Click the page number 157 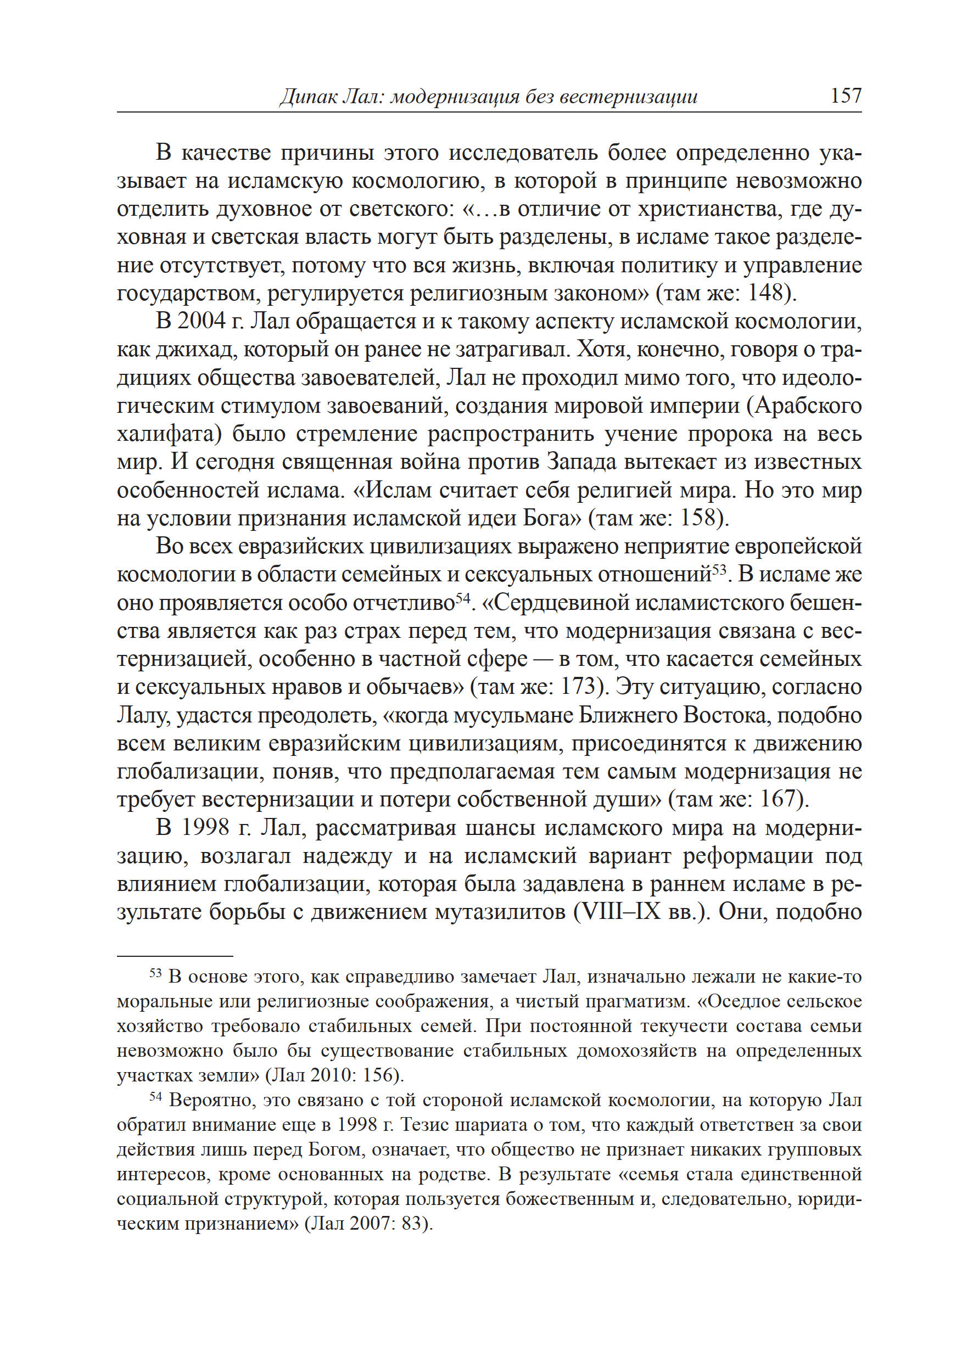click(x=846, y=95)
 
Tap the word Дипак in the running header click(x=306, y=97)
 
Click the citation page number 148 click(x=765, y=293)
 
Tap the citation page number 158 click(x=698, y=518)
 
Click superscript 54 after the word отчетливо click(x=462, y=596)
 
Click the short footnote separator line click(x=175, y=956)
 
